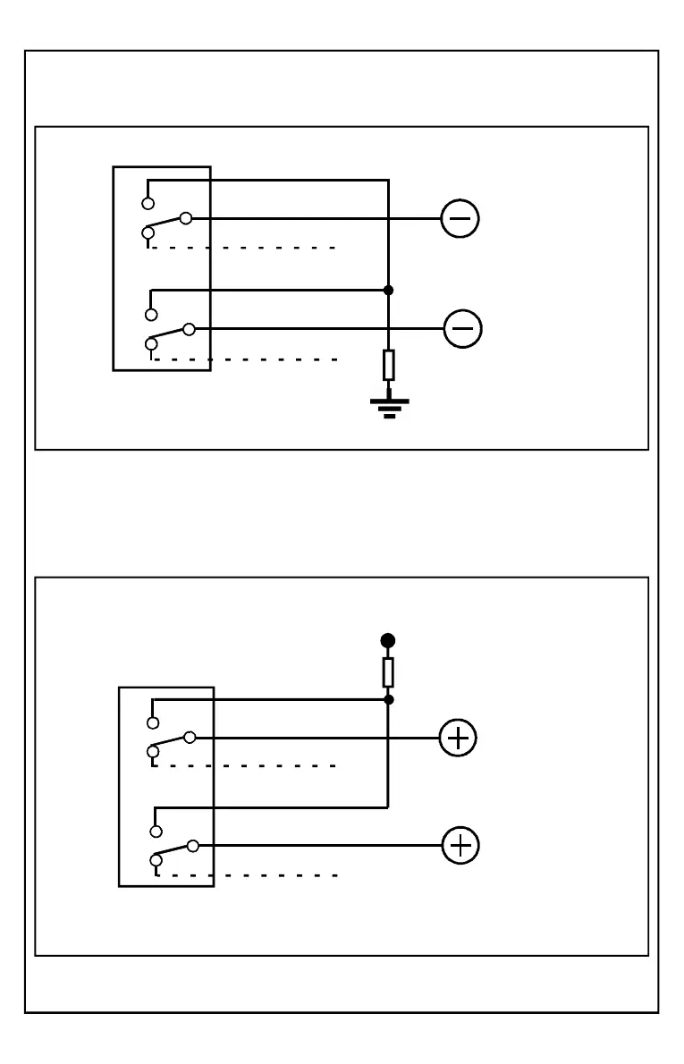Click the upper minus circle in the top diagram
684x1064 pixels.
[460, 218]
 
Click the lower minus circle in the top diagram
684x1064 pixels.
[462, 329]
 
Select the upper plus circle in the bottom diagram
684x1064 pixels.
[458, 738]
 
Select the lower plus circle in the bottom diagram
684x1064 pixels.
[461, 846]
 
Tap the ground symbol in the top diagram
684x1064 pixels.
[388, 408]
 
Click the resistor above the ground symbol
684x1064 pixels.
[388, 365]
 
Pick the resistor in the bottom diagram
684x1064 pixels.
[388, 671]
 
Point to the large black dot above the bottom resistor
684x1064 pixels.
[388, 640]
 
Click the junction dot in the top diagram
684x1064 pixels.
[388, 290]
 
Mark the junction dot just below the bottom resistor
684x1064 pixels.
[388, 699]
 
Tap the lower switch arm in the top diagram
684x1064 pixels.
[170, 335]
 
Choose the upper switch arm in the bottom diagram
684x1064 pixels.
[171, 744]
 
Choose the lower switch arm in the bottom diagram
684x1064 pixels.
[173, 852]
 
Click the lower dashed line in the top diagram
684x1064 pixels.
[246, 359]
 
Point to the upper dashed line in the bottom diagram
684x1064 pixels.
[246, 766]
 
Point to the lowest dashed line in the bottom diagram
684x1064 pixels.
[248, 875]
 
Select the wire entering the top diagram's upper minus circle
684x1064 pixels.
[313, 218]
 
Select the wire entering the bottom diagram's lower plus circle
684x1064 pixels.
[317, 846]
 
